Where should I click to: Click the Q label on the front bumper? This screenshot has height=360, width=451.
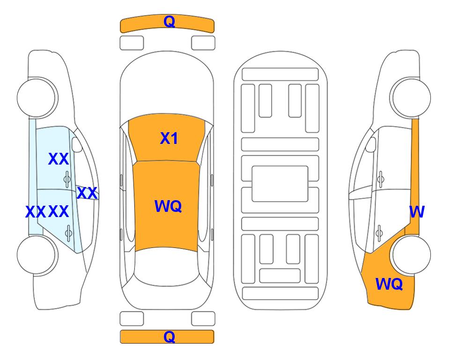[169, 22]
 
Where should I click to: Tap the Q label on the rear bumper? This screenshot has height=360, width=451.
[169, 337]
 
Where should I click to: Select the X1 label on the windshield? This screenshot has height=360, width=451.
[169, 138]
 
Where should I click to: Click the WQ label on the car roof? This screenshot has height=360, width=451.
[168, 206]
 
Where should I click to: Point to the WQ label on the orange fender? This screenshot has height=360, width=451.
[389, 284]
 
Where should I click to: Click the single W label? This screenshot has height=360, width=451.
[417, 212]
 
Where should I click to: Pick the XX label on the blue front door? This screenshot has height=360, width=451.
[59, 159]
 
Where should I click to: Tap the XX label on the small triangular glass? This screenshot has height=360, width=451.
[87, 193]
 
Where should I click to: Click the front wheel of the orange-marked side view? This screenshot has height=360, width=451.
[410, 97]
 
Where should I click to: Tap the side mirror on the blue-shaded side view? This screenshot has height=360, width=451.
[77, 144]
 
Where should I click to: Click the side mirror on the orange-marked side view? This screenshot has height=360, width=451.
[371, 144]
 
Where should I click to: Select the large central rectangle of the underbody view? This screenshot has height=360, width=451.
[280, 184]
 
